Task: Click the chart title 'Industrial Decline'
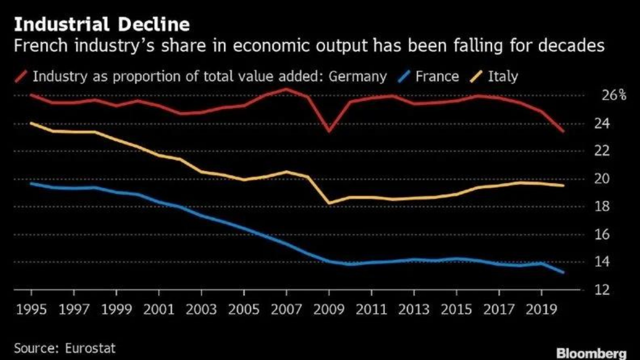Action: tap(101, 25)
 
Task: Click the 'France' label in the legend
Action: tap(437, 76)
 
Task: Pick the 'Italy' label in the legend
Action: tap(503, 76)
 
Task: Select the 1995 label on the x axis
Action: tap(31, 310)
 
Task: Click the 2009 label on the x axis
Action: tap(329, 310)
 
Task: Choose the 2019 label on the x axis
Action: tap(541, 310)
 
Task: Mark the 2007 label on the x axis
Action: tap(286, 310)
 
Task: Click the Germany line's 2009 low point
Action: tap(329, 131)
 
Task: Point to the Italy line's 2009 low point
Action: tap(329, 203)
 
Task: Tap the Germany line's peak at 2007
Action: tap(286, 89)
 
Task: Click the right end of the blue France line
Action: tap(563, 272)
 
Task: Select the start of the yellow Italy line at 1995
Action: tap(31, 123)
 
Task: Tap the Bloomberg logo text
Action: tap(591, 353)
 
